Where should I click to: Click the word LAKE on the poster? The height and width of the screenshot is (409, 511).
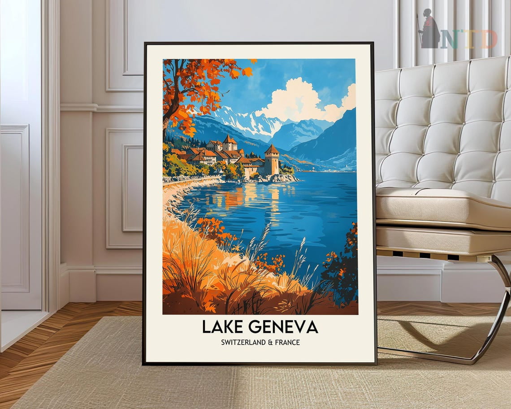pos(222,326)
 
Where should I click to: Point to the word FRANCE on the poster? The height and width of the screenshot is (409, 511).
pos(287,342)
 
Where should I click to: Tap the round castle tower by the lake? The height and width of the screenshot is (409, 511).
pos(272,160)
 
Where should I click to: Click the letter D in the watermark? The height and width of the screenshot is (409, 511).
pos(489,39)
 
